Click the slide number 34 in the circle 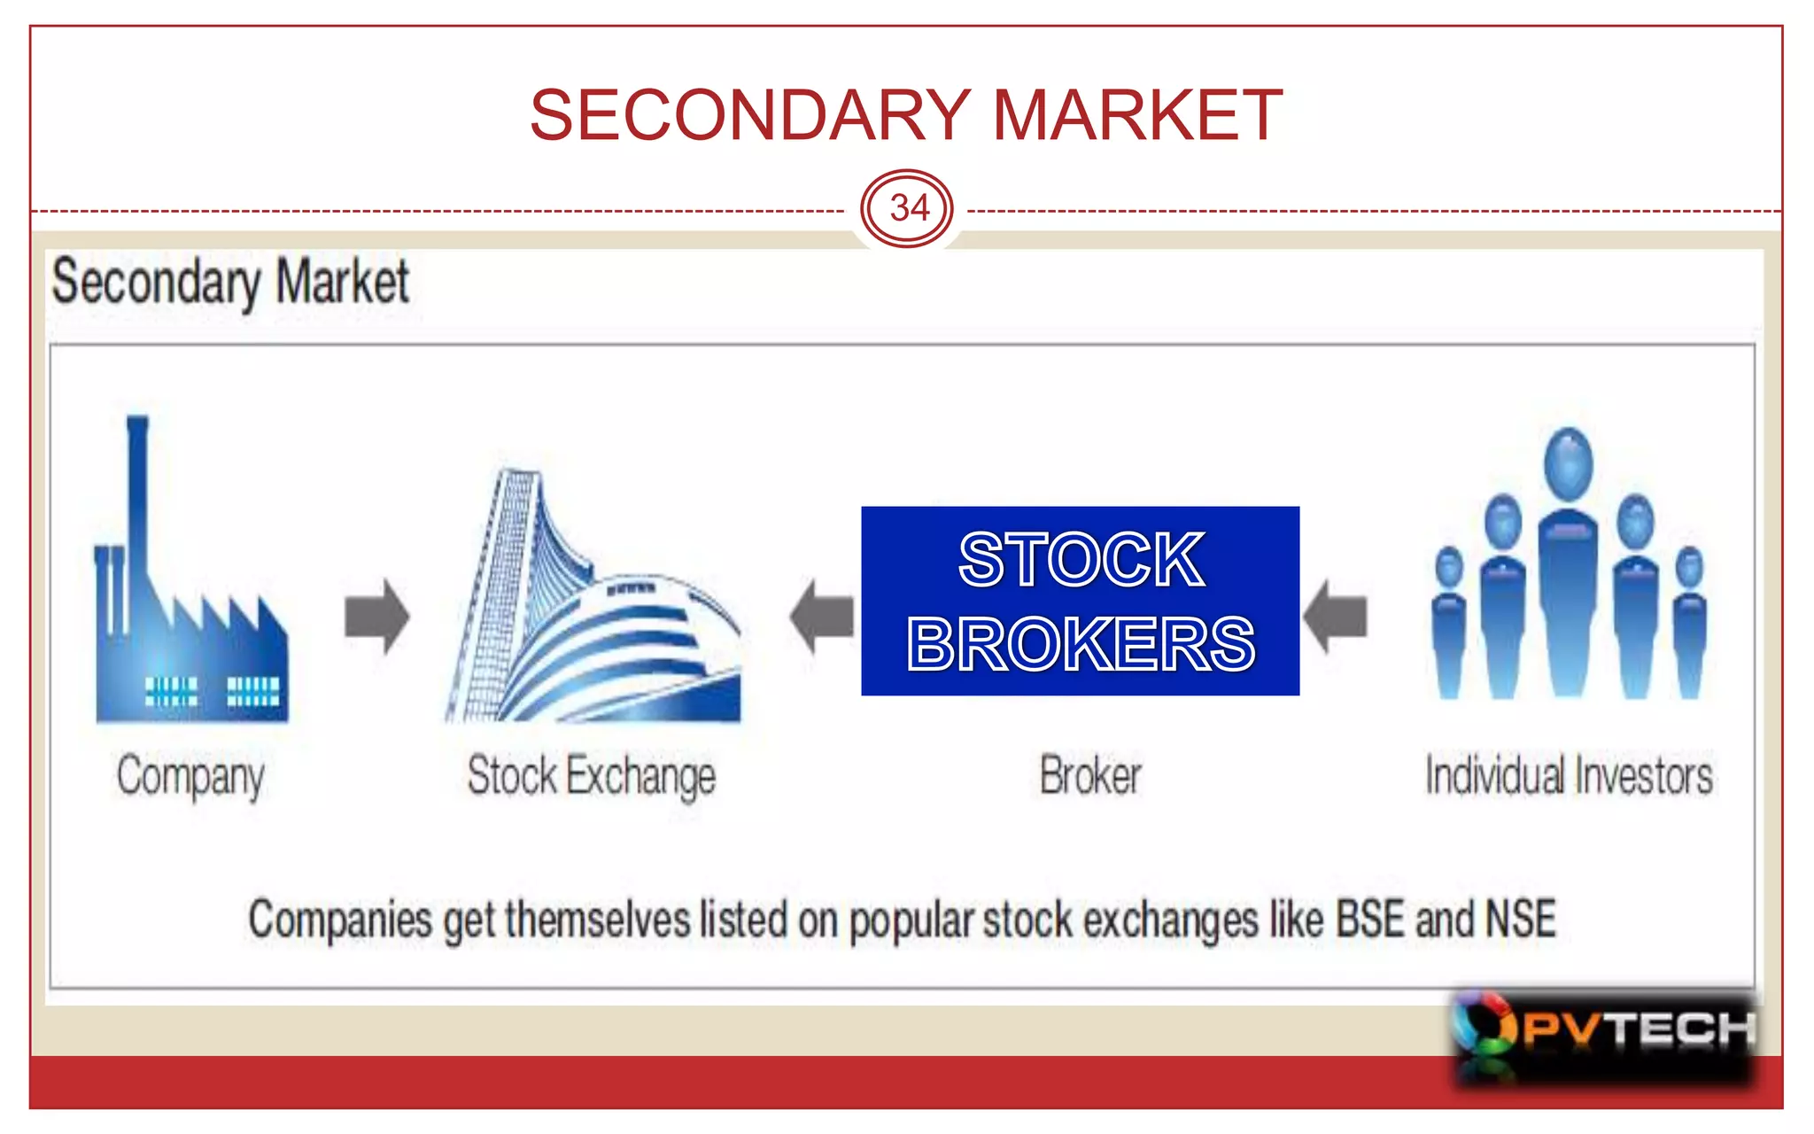pos(908,209)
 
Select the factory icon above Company pos(190,620)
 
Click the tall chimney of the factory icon pos(137,496)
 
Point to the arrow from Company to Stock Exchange pos(376,616)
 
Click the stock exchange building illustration pos(592,611)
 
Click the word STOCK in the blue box pos(1081,560)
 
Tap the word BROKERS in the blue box pos(1081,644)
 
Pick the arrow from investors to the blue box pos(1335,616)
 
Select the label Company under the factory pos(190,777)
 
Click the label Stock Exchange pos(592,777)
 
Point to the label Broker pos(1090,776)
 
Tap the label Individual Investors pos(1568,776)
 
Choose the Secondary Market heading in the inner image pos(230,282)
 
